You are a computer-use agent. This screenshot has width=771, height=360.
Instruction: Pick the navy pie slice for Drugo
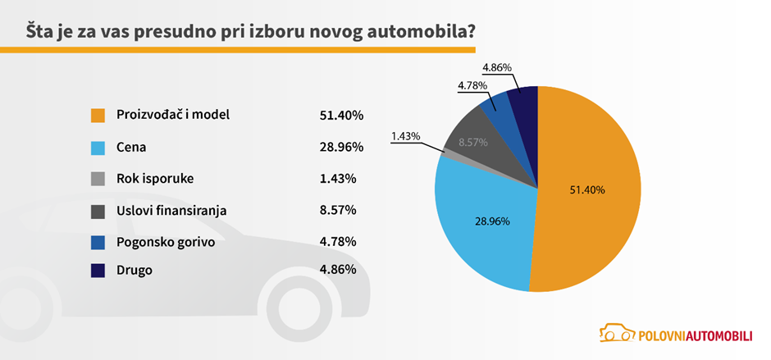(x=524, y=103)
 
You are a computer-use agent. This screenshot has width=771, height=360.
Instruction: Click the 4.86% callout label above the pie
(x=498, y=66)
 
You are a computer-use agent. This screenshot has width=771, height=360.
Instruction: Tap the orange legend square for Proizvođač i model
(x=98, y=115)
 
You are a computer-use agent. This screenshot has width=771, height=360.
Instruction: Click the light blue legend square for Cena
(x=98, y=147)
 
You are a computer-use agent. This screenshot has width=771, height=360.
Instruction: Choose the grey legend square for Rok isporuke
(x=98, y=179)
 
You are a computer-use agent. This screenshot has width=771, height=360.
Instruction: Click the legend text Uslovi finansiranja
(x=171, y=211)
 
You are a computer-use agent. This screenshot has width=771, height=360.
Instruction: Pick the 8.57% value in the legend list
(x=338, y=211)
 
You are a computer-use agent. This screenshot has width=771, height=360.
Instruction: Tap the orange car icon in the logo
(x=615, y=332)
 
